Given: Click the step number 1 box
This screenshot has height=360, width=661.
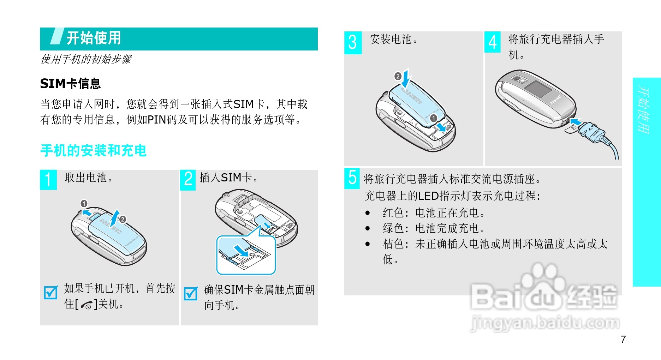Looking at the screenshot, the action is pos(48,180).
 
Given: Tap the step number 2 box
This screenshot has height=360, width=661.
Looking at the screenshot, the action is pos(188,180).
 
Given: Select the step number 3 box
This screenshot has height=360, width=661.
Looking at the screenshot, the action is pos(353,43).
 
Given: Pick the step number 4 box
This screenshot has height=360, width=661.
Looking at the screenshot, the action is pos(493,42).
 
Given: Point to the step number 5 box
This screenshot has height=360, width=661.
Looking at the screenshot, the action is pos(352,178).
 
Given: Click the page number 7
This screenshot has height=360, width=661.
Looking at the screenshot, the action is pos(623,339).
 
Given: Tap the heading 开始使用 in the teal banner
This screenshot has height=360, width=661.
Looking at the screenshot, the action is pos(94,38).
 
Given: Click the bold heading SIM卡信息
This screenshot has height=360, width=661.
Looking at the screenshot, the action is pos(70,84).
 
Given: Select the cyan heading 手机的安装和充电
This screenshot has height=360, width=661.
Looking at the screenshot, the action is pos(93,150).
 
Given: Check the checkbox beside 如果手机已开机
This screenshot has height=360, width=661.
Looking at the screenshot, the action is pos(50,292).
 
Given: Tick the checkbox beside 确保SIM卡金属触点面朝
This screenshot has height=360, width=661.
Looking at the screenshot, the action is pos(191,293).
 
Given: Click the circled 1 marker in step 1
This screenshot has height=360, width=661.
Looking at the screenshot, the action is pos(84,204).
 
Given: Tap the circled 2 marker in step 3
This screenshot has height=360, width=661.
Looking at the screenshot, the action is pos(398,76).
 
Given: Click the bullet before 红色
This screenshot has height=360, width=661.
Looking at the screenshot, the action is pos(368,213).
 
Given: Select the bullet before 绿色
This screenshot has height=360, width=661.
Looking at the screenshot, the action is pos(368,228).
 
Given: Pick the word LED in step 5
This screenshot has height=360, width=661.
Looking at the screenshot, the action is pos(428,196).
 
